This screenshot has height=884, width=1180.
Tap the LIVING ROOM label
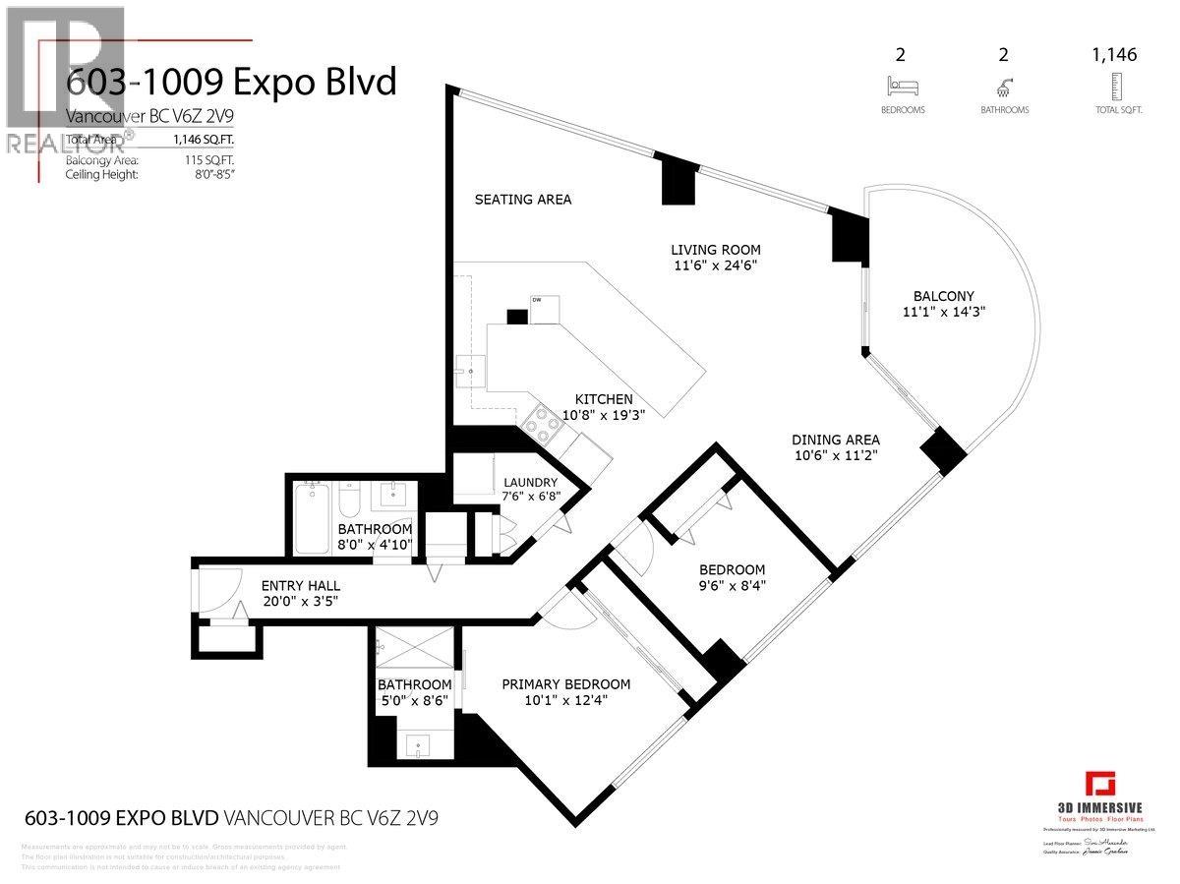click(x=715, y=250)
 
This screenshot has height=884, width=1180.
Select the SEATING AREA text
click(x=522, y=200)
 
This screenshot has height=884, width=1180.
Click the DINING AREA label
click(x=837, y=440)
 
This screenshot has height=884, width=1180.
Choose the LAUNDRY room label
click(x=530, y=483)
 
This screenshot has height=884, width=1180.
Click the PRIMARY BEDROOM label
click(x=565, y=684)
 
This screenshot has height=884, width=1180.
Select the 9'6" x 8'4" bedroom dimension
click(x=732, y=586)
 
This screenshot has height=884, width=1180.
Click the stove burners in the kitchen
click(x=540, y=427)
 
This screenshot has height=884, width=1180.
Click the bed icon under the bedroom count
click(x=902, y=85)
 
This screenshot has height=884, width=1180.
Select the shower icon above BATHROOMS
click(x=1004, y=85)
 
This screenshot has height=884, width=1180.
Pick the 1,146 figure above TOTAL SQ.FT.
click(x=1114, y=55)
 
